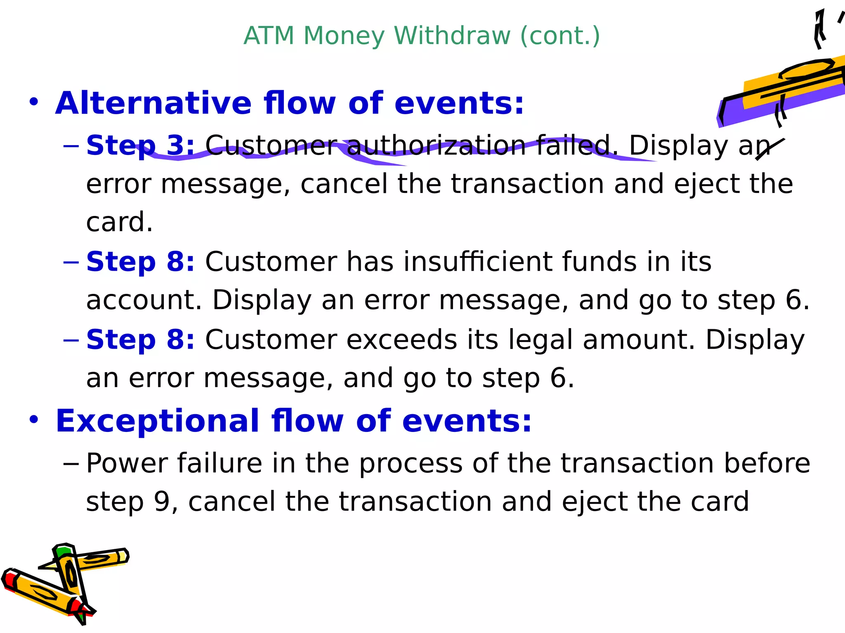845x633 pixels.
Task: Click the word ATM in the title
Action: point(269,36)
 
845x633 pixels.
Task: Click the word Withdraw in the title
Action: point(452,36)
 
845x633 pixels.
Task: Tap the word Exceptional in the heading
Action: point(157,421)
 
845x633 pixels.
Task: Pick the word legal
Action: point(541,340)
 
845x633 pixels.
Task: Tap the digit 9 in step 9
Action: point(161,502)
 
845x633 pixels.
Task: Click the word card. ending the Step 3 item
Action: point(119,222)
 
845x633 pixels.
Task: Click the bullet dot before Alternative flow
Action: point(34,102)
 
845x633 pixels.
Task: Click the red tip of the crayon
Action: point(9,579)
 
